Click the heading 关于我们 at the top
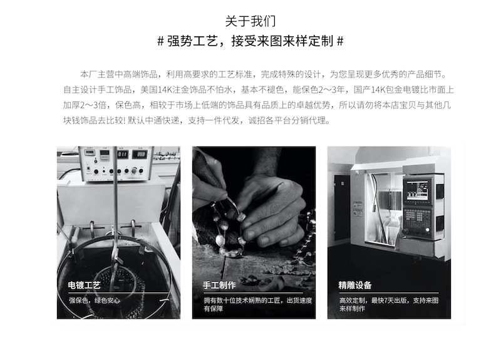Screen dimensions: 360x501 [250, 21]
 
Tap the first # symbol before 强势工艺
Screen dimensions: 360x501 [161, 42]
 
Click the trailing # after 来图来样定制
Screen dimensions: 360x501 [340, 42]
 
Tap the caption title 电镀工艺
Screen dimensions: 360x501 [84, 285]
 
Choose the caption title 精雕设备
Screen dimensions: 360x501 [354, 285]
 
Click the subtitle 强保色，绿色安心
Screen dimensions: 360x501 [95, 301]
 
